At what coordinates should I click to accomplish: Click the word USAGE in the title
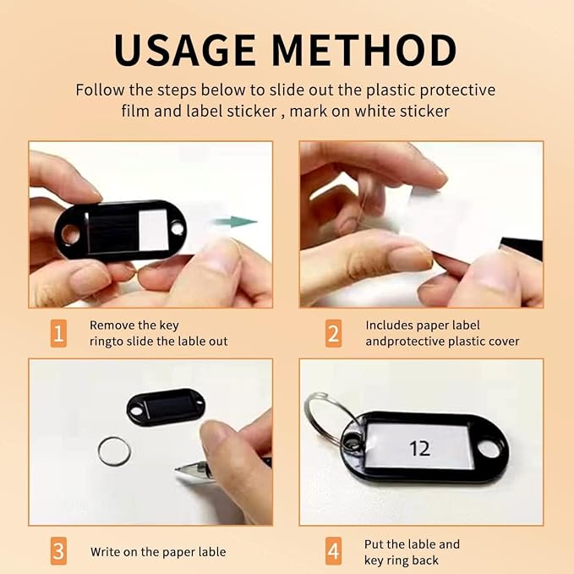tap(185, 50)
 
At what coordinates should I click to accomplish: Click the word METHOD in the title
tap(364, 50)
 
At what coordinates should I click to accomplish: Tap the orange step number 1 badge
tap(58, 333)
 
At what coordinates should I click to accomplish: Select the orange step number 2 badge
tap(333, 333)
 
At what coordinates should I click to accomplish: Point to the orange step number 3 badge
tap(58, 551)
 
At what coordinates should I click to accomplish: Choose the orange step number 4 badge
tap(333, 551)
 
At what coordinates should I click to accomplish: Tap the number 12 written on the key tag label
tap(419, 448)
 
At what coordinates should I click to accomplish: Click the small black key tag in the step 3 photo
tap(166, 407)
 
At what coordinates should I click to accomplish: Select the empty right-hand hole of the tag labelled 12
tap(489, 450)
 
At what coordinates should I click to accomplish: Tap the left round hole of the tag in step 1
tap(71, 234)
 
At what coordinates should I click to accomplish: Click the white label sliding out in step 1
tap(172, 230)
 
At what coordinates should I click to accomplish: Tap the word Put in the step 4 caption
tap(374, 544)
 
